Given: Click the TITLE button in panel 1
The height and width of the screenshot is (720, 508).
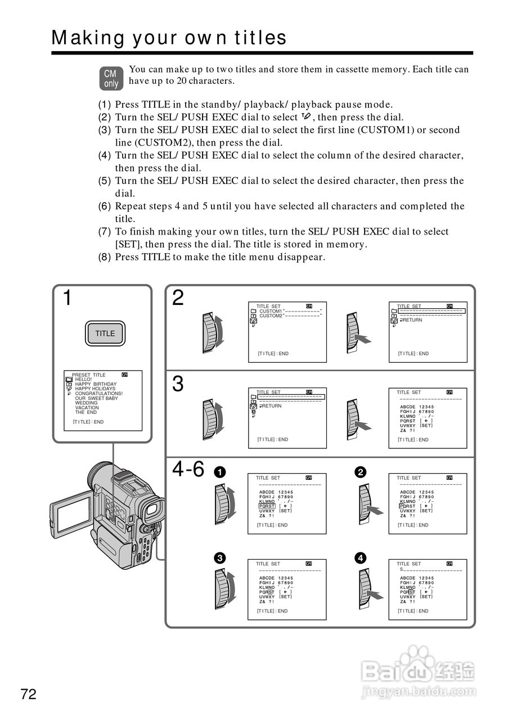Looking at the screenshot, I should pyautogui.click(x=105, y=334).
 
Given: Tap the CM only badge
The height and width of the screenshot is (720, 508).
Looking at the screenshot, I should pyautogui.click(x=111, y=79).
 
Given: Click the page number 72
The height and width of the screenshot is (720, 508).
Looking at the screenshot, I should pyautogui.click(x=29, y=694).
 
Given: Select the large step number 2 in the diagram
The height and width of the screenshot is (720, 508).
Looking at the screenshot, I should pyautogui.click(x=178, y=298).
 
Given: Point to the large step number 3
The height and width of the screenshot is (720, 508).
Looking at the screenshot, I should pyautogui.click(x=178, y=384).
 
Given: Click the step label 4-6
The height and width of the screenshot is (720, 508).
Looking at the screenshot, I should pyautogui.click(x=188, y=469).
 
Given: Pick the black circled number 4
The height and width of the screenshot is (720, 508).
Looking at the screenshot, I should pyautogui.click(x=361, y=558).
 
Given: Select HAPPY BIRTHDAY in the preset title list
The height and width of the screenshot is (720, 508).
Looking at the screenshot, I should pyautogui.click(x=96, y=384).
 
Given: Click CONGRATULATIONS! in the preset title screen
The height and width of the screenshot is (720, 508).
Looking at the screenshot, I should pyautogui.click(x=98, y=394).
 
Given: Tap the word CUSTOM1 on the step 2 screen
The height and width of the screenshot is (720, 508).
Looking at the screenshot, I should pyautogui.click(x=271, y=311).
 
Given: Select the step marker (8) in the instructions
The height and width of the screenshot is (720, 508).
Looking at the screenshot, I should pyautogui.click(x=105, y=258).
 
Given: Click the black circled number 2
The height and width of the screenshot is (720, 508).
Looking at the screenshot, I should pyautogui.click(x=361, y=472).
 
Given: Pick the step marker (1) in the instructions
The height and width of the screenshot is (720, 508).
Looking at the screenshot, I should pyautogui.click(x=105, y=105).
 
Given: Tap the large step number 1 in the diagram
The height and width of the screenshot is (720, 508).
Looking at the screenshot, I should pyautogui.click(x=67, y=298).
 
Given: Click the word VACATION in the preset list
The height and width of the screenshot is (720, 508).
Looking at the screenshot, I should pyautogui.click(x=87, y=408).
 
